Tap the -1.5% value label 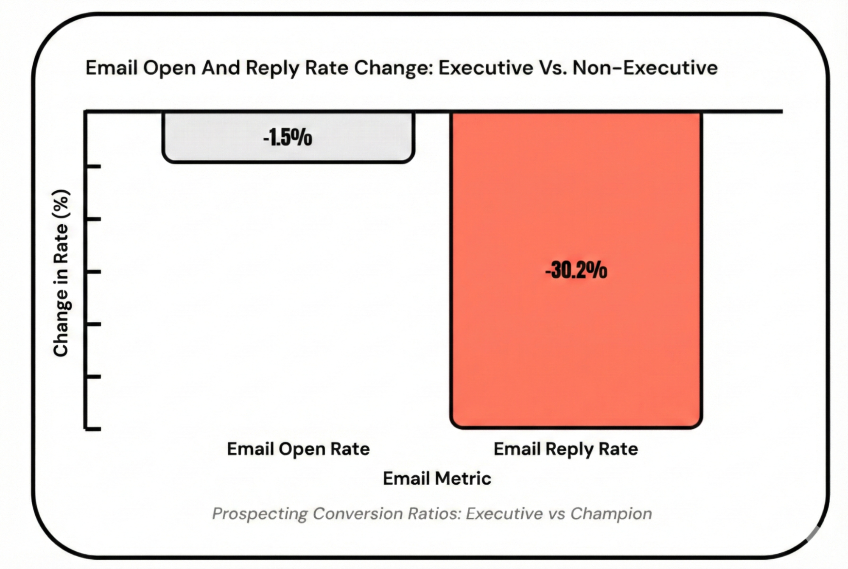288,137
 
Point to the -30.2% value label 576,270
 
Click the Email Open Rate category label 298,449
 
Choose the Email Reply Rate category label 565,449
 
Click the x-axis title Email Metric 437,478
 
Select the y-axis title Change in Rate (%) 61,273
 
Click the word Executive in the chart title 486,68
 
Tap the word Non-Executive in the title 645,68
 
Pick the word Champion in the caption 611,513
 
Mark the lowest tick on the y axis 93,429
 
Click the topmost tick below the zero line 93,166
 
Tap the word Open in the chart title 169,68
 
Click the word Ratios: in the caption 434,513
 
